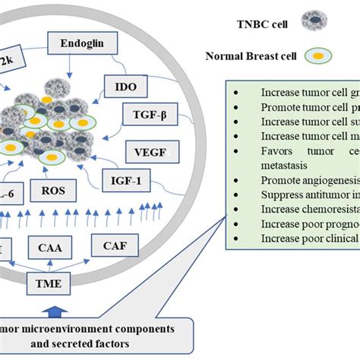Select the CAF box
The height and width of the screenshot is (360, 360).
(115, 245)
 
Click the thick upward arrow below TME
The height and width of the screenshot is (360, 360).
(55, 309)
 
